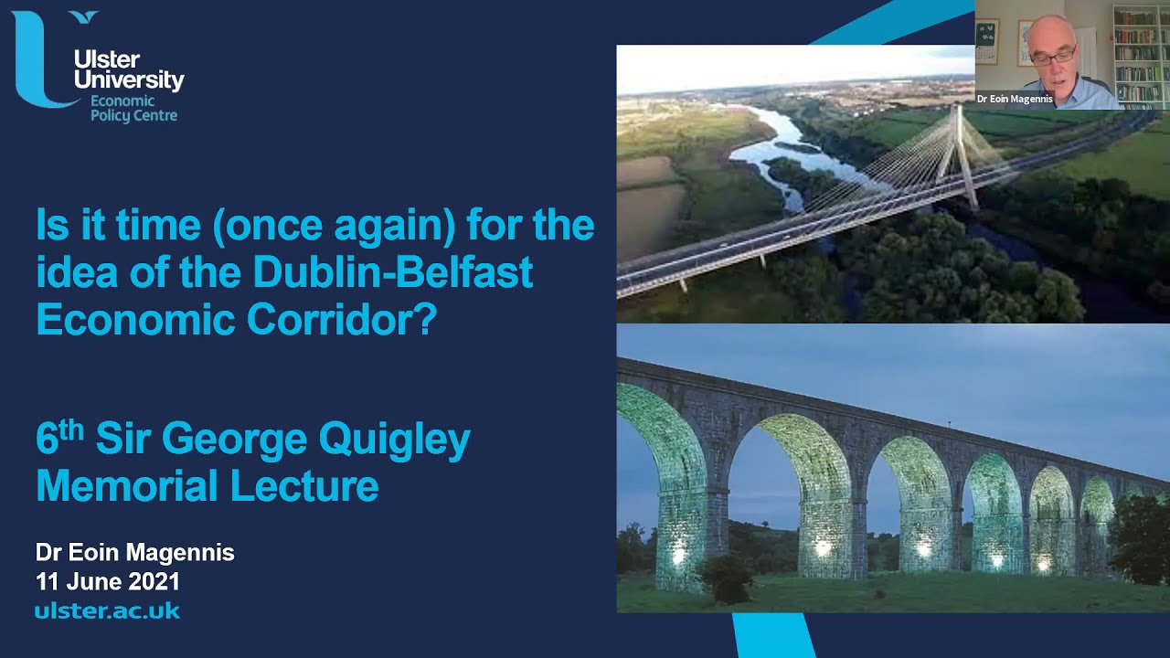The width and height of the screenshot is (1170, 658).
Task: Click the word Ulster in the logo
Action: click(x=106, y=60)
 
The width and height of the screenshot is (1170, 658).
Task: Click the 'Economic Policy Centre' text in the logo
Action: click(x=133, y=108)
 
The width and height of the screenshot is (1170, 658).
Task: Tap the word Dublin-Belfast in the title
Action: click(x=393, y=272)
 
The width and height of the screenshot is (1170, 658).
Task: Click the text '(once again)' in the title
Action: click(x=333, y=225)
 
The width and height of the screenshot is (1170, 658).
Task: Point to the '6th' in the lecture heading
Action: click(x=58, y=439)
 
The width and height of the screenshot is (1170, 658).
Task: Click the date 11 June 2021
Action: click(x=107, y=581)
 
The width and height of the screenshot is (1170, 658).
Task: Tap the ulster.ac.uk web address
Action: click(x=107, y=610)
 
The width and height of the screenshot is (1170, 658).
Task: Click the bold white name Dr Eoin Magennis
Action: click(x=134, y=552)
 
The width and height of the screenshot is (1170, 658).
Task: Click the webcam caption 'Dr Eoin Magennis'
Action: click(x=1015, y=99)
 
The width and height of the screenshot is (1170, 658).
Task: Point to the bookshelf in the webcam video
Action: click(x=1138, y=55)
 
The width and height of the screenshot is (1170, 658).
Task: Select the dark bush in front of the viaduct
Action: click(x=727, y=578)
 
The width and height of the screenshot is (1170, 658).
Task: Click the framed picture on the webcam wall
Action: click(x=987, y=40)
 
